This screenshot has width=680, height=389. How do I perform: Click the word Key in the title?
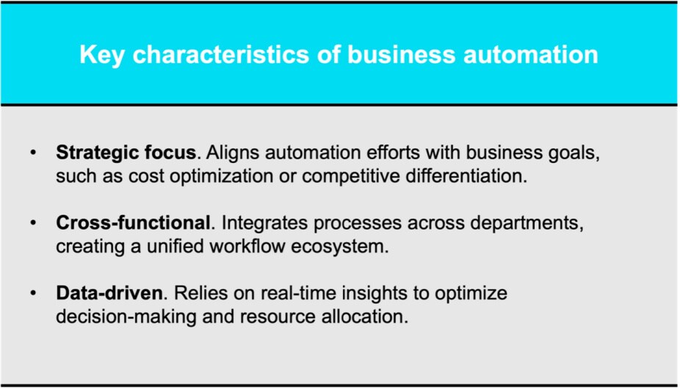pos(102,56)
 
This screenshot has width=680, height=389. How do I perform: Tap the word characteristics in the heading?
pos(221,54)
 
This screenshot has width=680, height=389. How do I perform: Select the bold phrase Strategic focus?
pos(126,153)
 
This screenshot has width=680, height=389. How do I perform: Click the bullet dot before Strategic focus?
pos(33,153)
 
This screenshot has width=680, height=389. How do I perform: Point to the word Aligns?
pos(232,153)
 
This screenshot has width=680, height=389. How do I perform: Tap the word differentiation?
pos(466,176)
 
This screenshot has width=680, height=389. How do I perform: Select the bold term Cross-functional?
pos(133,223)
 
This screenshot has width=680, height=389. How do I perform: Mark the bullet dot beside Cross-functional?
pos(33,223)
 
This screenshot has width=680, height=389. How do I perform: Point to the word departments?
pos(527,223)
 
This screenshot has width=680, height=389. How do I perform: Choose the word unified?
pos(176,247)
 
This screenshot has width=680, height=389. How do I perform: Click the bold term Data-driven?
pos(109,293)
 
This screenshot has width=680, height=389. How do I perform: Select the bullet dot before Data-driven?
pos(33,293)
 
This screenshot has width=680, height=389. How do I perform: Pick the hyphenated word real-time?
pos(298,293)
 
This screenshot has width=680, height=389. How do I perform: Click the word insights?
pos(375,294)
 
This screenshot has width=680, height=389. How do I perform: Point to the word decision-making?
pos(126,317)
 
